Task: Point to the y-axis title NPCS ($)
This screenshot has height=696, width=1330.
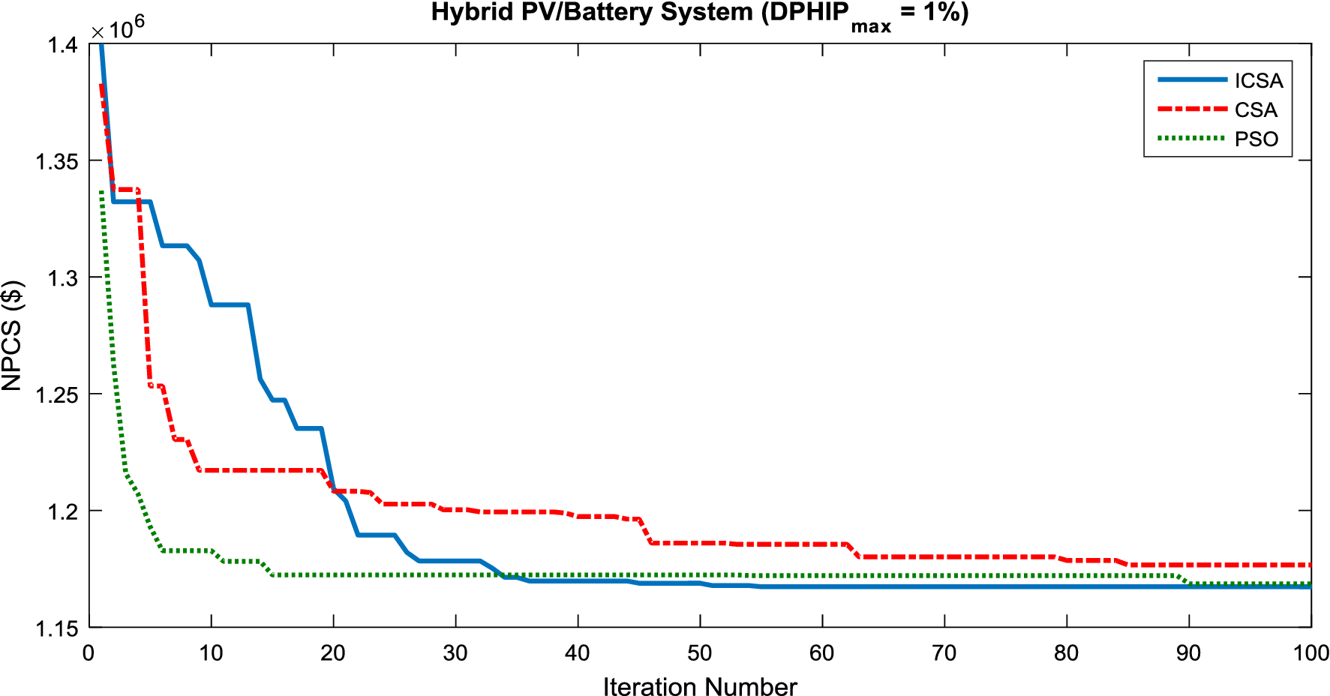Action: point(12,335)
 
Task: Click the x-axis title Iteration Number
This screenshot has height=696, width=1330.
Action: point(700,686)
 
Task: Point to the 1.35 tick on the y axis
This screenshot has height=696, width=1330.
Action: point(57,161)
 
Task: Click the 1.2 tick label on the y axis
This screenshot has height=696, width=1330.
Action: point(63,511)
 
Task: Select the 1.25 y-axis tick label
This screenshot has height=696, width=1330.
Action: point(57,394)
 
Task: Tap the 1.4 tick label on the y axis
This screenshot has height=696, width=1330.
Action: point(63,45)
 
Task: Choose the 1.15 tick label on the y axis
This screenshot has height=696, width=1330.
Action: point(57,628)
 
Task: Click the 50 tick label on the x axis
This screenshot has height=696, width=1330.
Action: point(700,652)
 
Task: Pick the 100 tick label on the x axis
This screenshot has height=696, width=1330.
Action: point(1311,652)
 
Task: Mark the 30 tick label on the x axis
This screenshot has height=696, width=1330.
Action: point(455,652)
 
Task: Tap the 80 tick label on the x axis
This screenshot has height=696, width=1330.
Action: point(1067,652)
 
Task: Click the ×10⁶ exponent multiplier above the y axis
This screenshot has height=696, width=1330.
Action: point(118,28)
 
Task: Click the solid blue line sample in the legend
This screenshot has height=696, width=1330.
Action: point(1192,79)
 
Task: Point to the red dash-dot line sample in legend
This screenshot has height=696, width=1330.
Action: point(1192,109)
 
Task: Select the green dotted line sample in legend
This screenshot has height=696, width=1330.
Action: point(1192,138)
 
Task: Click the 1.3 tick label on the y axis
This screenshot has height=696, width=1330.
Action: point(63,278)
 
